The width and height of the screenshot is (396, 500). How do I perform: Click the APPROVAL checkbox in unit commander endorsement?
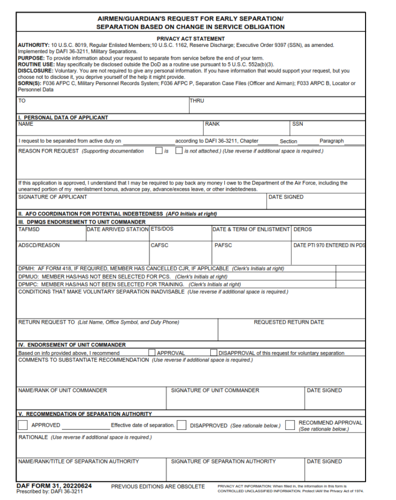point(152,353)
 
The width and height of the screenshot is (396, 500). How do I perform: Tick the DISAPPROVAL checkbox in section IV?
point(213,353)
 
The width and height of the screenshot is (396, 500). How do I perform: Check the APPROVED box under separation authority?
point(23,425)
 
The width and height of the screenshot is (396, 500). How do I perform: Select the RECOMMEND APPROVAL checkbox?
point(290,425)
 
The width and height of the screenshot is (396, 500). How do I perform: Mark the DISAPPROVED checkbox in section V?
point(181,425)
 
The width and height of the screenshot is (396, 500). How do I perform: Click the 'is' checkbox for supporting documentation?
point(159,151)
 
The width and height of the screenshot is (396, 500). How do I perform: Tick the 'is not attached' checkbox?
point(179,151)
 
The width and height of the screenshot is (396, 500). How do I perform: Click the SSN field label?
point(298,124)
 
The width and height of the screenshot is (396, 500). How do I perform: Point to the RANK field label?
point(212,124)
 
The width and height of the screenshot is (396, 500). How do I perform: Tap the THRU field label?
point(196,101)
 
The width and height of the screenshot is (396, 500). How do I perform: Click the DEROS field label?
point(303,229)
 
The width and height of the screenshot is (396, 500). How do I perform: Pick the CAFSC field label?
point(159,245)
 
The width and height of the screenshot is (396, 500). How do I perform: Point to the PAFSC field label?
point(223,245)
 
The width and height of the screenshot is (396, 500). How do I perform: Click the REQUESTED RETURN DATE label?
point(289,322)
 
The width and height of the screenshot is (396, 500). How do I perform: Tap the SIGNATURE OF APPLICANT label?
point(53,197)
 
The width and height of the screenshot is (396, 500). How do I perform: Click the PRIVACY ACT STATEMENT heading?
point(190,39)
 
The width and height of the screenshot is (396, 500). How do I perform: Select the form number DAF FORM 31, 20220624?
point(54,486)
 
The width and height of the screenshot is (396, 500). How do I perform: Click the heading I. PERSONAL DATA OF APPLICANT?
point(63,118)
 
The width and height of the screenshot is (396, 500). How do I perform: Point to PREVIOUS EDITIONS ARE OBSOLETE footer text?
point(158,487)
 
